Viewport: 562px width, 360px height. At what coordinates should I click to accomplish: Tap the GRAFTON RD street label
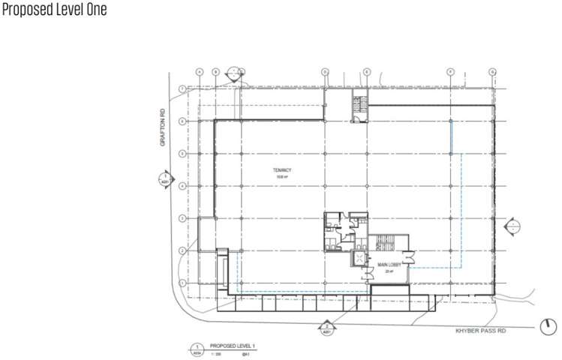coord(161,128)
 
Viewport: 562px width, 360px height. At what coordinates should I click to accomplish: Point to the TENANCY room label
coord(281,171)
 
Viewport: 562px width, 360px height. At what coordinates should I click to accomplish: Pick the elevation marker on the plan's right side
coord(514,226)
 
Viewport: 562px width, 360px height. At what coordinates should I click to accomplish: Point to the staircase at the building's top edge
coord(361,106)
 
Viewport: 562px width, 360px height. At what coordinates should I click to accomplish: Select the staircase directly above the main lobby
coord(386,243)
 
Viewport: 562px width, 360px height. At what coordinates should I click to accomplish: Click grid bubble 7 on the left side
coord(182,89)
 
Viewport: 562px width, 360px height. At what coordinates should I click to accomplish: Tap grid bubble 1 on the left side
coord(182,282)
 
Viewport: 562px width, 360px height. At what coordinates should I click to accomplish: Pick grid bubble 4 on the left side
coord(182,185)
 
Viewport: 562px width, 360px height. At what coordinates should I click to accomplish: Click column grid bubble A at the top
coord(200,72)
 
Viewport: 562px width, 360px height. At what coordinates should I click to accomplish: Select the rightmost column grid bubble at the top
coord(492,72)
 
